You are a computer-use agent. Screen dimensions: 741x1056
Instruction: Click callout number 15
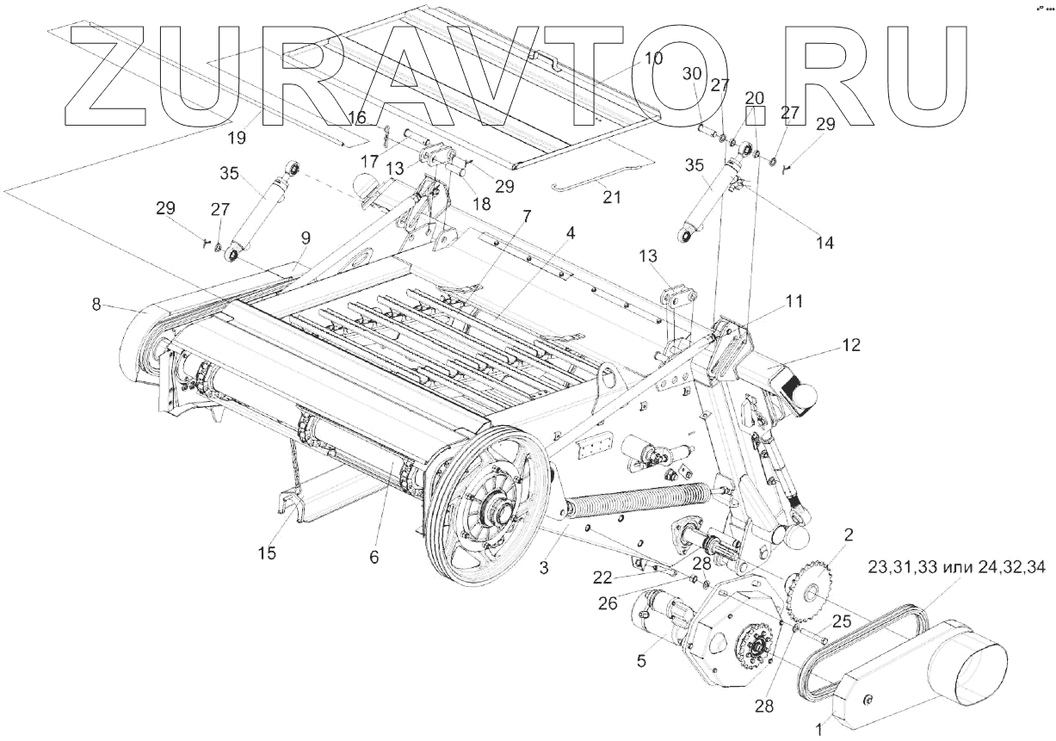[x=268, y=553]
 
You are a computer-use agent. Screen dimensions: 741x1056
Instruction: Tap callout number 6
[x=374, y=557]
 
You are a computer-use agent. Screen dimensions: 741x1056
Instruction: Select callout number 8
[x=97, y=303]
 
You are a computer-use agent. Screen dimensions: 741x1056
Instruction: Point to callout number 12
[x=851, y=345]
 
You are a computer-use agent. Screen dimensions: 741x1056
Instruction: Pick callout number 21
[x=611, y=195]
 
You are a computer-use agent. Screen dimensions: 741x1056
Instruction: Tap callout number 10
[x=653, y=59]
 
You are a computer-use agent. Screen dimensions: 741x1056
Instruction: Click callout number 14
[x=824, y=243]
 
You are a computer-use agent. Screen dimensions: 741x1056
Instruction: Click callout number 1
[x=818, y=728]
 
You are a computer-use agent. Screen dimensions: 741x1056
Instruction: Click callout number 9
[x=306, y=238]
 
